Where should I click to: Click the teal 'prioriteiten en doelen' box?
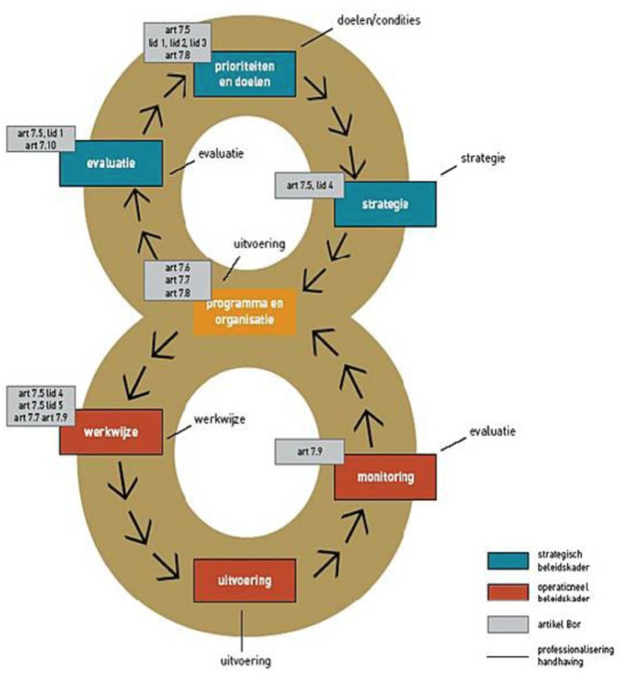(x=245, y=74)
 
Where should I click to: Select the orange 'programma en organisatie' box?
(x=244, y=312)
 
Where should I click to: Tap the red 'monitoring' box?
(x=384, y=476)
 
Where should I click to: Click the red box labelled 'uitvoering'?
(x=244, y=580)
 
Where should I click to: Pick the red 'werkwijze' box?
(x=111, y=431)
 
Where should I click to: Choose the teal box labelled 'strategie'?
(x=384, y=203)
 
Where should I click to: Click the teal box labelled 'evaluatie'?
(x=111, y=162)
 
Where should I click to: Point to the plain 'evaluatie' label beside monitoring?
(x=488, y=431)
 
